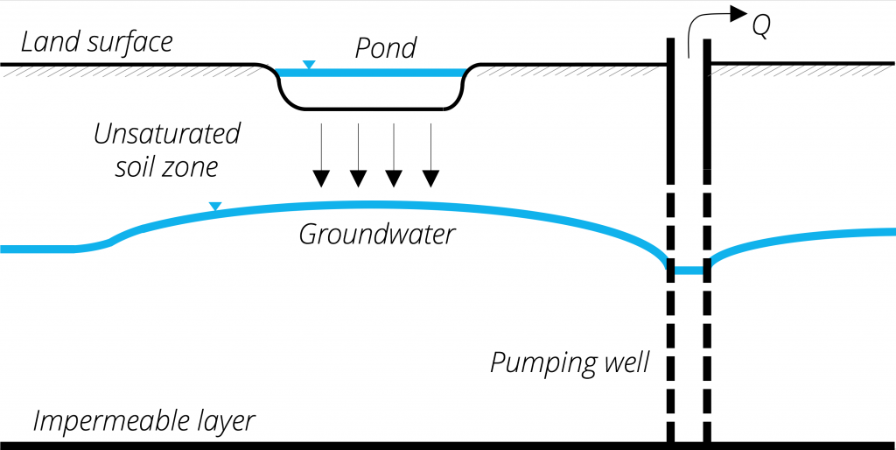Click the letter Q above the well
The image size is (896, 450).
[x=761, y=29]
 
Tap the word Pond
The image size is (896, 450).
[x=384, y=48]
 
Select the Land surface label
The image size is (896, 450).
[x=97, y=41]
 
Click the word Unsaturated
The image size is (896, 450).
[x=166, y=134]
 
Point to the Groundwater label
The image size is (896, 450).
[x=376, y=235]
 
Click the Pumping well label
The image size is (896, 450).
[x=570, y=362]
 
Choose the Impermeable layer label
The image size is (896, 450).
[x=143, y=421]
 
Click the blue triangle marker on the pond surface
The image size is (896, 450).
[x=308, y=65]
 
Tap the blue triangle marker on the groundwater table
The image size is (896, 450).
[x=215, y=207]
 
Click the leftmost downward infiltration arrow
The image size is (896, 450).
[x=322, y=155]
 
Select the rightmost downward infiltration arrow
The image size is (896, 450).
[x=430, y=155]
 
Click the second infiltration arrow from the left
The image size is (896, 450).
[x=358, y=155]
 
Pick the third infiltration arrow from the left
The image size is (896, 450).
[x=394, y=155]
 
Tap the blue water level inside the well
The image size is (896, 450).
[x=689, y=271]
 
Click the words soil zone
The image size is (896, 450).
[x=166, y=166]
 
